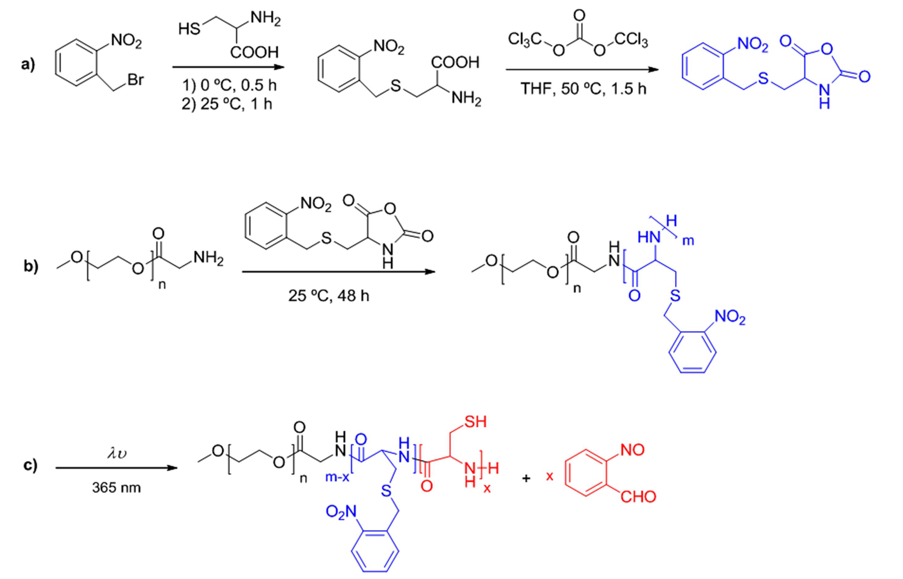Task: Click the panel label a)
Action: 28,64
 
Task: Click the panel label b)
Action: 31,266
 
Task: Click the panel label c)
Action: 30,465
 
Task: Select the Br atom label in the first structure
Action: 135,79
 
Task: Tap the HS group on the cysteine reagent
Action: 190,29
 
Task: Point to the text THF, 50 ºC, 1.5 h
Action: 583,89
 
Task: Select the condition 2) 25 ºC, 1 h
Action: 227,104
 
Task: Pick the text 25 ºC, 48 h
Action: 328,295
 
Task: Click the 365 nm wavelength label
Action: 116,488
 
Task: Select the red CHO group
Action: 638,496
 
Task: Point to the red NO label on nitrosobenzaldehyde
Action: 632,450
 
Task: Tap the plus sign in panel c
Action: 526,478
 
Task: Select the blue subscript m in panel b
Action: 688,241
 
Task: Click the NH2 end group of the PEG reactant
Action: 208,258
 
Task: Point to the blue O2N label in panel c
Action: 341,512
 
